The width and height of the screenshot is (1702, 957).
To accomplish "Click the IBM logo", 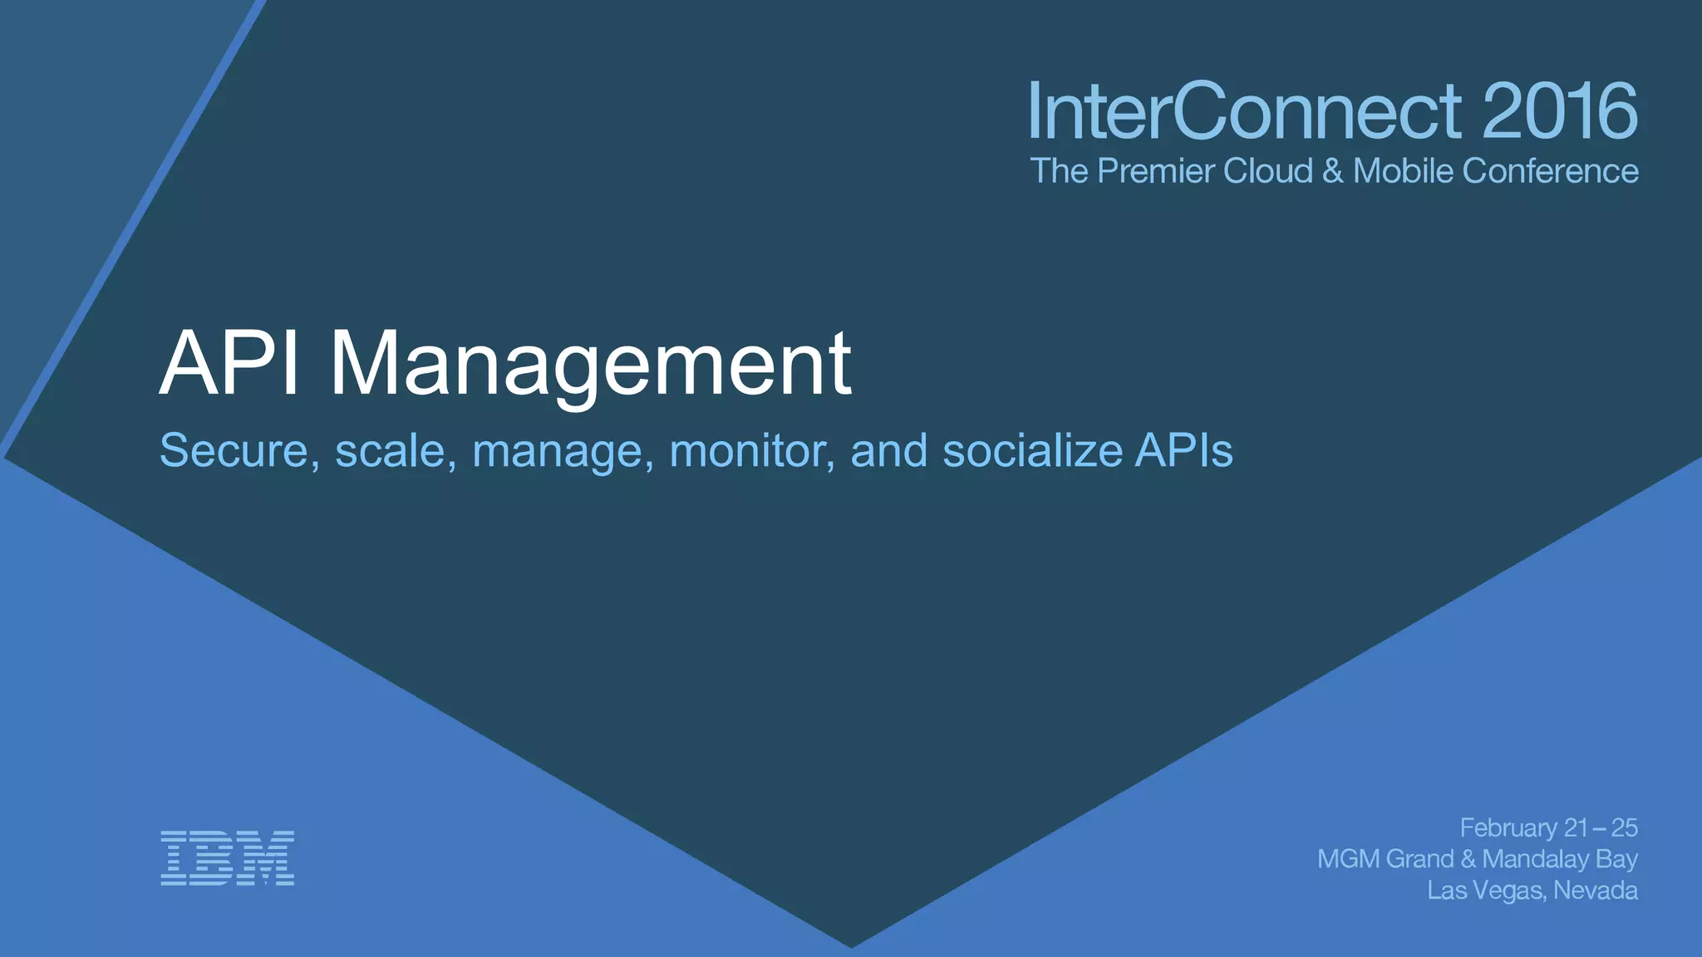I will click(227, 857).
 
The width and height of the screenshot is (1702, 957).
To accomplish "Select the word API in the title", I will click(229, 363).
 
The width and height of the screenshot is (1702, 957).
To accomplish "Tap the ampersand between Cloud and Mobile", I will click(1332, 171).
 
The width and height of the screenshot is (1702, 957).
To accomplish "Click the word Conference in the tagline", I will click(1550, 171).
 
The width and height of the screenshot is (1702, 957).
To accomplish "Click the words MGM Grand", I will click(1385, 859).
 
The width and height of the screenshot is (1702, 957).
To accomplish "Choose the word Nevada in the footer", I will click(1596, 891).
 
